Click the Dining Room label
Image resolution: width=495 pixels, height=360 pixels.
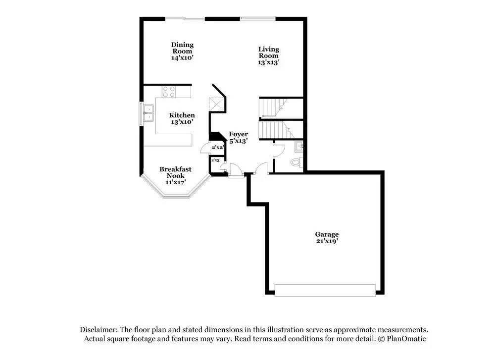[182, 48]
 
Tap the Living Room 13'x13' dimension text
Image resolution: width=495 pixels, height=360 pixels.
[268, 62]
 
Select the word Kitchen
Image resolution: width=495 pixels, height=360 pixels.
[182, 115]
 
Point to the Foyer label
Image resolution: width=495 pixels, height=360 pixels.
[239, 134]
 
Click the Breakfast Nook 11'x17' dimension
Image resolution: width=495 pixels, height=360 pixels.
[175, 182]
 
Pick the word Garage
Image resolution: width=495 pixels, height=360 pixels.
[327, 234]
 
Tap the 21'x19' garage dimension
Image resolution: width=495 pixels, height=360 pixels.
[327, 241]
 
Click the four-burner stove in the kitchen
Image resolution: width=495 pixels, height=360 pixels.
[169, 92]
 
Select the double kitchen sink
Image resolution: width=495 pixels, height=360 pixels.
[148, 113]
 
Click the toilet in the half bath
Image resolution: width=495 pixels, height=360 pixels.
[297, 162]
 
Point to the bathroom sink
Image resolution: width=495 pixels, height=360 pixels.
[299, 147]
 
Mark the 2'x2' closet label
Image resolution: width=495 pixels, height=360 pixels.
[218, 148]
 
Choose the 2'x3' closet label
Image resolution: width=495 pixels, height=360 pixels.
[216, 160]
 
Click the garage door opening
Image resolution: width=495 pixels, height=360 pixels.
[325, 291]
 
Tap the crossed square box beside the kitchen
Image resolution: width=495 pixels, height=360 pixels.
[217, 104]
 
